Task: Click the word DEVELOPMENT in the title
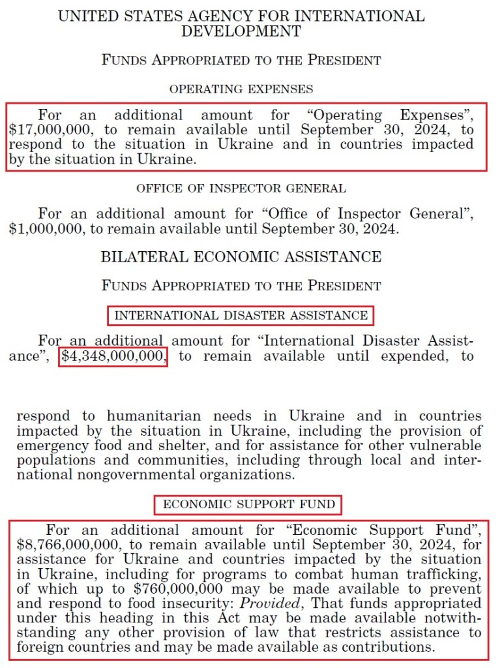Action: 241,31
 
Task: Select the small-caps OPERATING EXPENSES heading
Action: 241,89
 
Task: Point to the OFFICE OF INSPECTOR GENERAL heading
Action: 241,189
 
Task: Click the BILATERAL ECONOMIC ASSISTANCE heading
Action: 241,257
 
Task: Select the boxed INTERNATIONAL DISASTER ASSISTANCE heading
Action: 241,316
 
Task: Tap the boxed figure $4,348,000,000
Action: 113,357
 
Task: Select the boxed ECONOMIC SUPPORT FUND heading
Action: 249,504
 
